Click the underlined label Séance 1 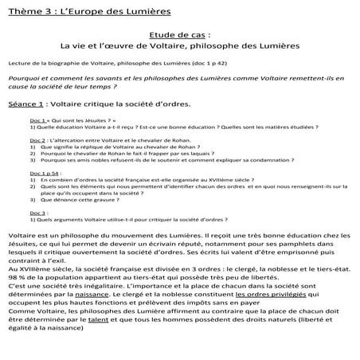25,104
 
